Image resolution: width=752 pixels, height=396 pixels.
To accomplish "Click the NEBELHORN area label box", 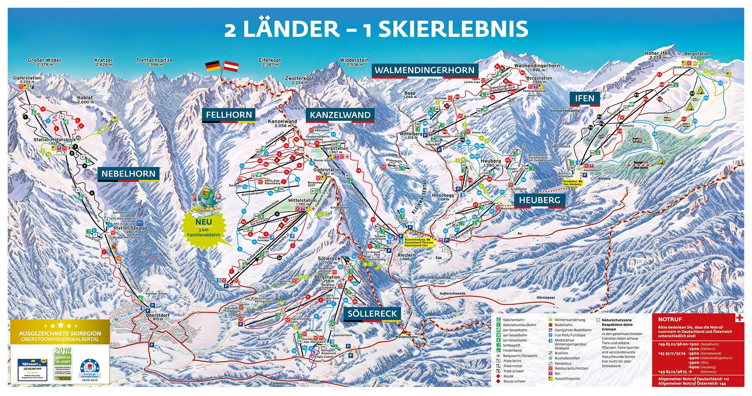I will (x=128, y=174).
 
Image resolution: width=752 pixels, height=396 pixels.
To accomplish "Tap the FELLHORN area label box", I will (x=228, y=115).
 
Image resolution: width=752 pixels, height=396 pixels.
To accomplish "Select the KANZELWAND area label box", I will (x=340, y=115).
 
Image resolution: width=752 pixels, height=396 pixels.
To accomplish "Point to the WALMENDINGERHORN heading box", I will (x=425, y=71).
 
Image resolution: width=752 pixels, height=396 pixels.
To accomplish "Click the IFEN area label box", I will (x=584, y=98).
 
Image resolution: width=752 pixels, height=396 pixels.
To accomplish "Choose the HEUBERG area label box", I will (x=539, y=200).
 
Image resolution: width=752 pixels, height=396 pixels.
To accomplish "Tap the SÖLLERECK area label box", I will (x=372, y=313).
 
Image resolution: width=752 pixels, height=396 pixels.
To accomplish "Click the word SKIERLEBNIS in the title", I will (x=445, y=29).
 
